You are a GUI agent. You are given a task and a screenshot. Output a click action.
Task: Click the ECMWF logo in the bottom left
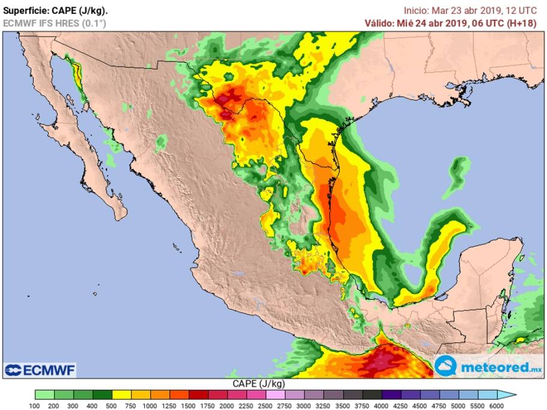tap(40, 370)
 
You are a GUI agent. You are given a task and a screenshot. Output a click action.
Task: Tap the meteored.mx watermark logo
tap(488, 367)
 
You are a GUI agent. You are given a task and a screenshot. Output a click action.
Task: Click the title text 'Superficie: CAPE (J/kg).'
tap(56, 10)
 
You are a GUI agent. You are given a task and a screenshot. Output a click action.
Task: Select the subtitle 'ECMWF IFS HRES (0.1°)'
tap(55, 23)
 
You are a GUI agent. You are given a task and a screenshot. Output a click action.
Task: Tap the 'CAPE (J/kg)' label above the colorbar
tap(258, 383)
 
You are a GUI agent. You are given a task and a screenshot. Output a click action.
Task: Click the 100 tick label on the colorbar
tap(35, 405)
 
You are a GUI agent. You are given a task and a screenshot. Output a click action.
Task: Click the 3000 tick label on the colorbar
tap(303, 405)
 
